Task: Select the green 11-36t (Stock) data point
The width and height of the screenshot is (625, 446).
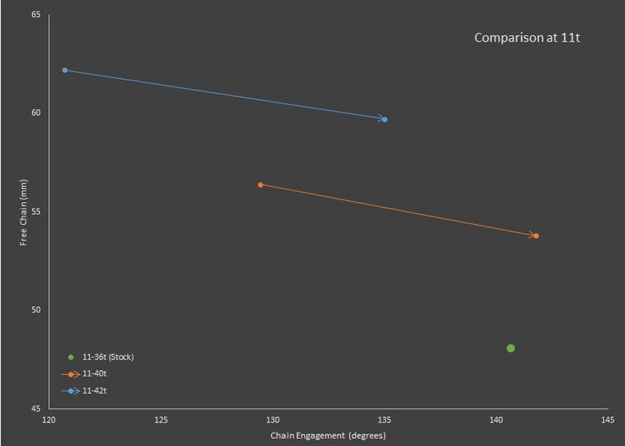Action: pyautogui.click(x=510, y=348)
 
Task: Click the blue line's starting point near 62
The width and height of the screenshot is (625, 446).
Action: pyautogui.click(x=65, y=70)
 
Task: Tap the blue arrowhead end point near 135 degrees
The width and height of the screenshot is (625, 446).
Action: pyautogui.click(x=384, y=120)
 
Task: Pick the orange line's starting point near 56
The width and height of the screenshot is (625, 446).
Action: pyautogui.click(x=260, y=184)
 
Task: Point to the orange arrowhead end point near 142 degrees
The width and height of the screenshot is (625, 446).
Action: pyautogui.click(x=536, y=235)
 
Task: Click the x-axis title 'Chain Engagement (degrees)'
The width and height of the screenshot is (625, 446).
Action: pyautogui.click(x=328, y=435)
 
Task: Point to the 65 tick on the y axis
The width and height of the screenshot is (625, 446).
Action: pyautogui.click(x=35, y=14)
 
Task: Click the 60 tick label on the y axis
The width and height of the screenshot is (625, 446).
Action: pyautogui.click(x=35, y=112)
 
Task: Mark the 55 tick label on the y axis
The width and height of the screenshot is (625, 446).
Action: pyautogui.click(x=35, y=212)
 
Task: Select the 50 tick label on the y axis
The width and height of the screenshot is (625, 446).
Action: pyautogui.click(x=35, y=310)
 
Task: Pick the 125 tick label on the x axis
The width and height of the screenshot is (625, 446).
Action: pyautogui.click(x=161, y=420)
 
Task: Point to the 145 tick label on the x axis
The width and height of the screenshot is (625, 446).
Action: pyautogui.click(x=608, y=420)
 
